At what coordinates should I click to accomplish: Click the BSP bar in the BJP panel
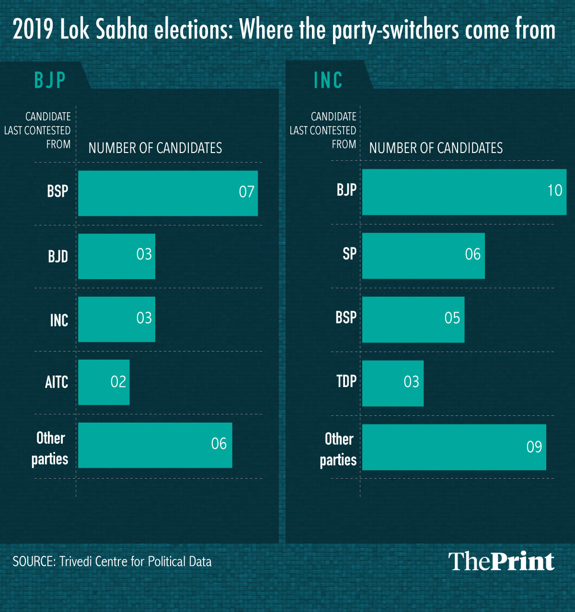pyautogui.click(x=168, y=193)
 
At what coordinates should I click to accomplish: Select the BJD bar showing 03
pyautogui.click(x=116, y=256)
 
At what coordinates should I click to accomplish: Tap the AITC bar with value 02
pyautogui.click(x=103, y=382)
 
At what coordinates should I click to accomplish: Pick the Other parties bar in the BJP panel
pyautogui.click(x=155, y=445)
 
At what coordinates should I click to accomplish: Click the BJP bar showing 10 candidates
pyautogui.click(x=464, y=192)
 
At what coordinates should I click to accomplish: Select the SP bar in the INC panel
pyautogui.click(x=423, y=256)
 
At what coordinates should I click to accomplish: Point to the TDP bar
pyautogui.click(x=392, y=383)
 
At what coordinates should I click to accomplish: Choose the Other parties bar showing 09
pyautogui.click(x=454, y=447)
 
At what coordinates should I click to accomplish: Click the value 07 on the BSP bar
pyautogui.click(x=246, y=192)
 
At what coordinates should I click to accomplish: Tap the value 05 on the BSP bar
pyautogui.click(x=452, y=318)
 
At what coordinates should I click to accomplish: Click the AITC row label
pyautogui.click(x=57, y=382)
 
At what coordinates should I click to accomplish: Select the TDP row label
pyautogui.click(x=346, y=381)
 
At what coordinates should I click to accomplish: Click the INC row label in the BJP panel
pyautogui.click(x=59, y=320)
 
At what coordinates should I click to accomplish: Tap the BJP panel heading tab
pyautogui.click(x=50, y=80)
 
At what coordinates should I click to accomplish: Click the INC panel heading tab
pyautogui.click(x=328, y=80)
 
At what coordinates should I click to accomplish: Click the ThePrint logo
pyautogui.click(x=501, y=561)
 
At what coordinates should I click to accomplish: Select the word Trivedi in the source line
pyautogui.click(x=76, y=562)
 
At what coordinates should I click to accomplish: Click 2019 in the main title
pyautogui.click(x=33, y=30)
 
